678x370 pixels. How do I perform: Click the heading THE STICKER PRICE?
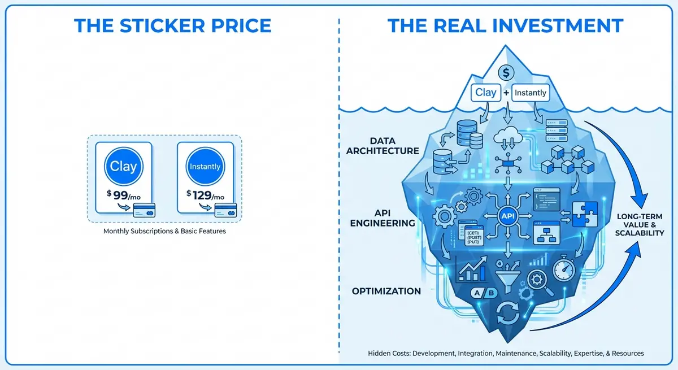pos(173,25)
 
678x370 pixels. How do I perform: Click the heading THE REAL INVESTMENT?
pos(505,25)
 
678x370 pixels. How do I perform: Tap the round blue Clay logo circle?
pos(124,167)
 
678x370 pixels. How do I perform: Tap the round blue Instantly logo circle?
pos(205,167)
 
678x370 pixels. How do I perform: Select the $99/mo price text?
pos(124,195)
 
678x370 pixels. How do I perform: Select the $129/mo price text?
pos(205,195)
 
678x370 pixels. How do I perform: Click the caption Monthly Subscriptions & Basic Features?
pos(164,232)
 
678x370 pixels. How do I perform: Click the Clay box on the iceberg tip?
pos(485,93)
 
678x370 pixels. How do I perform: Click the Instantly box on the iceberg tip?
pos(530,93)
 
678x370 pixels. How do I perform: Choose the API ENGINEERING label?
pos(383,217)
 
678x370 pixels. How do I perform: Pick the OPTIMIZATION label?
pos(386,291)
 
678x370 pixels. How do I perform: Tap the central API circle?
pos(506,215)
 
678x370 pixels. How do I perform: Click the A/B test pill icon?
pos(484,293)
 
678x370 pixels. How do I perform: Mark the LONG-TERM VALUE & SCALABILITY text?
pos(640,225)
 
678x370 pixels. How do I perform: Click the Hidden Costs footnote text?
pos(506,353)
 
